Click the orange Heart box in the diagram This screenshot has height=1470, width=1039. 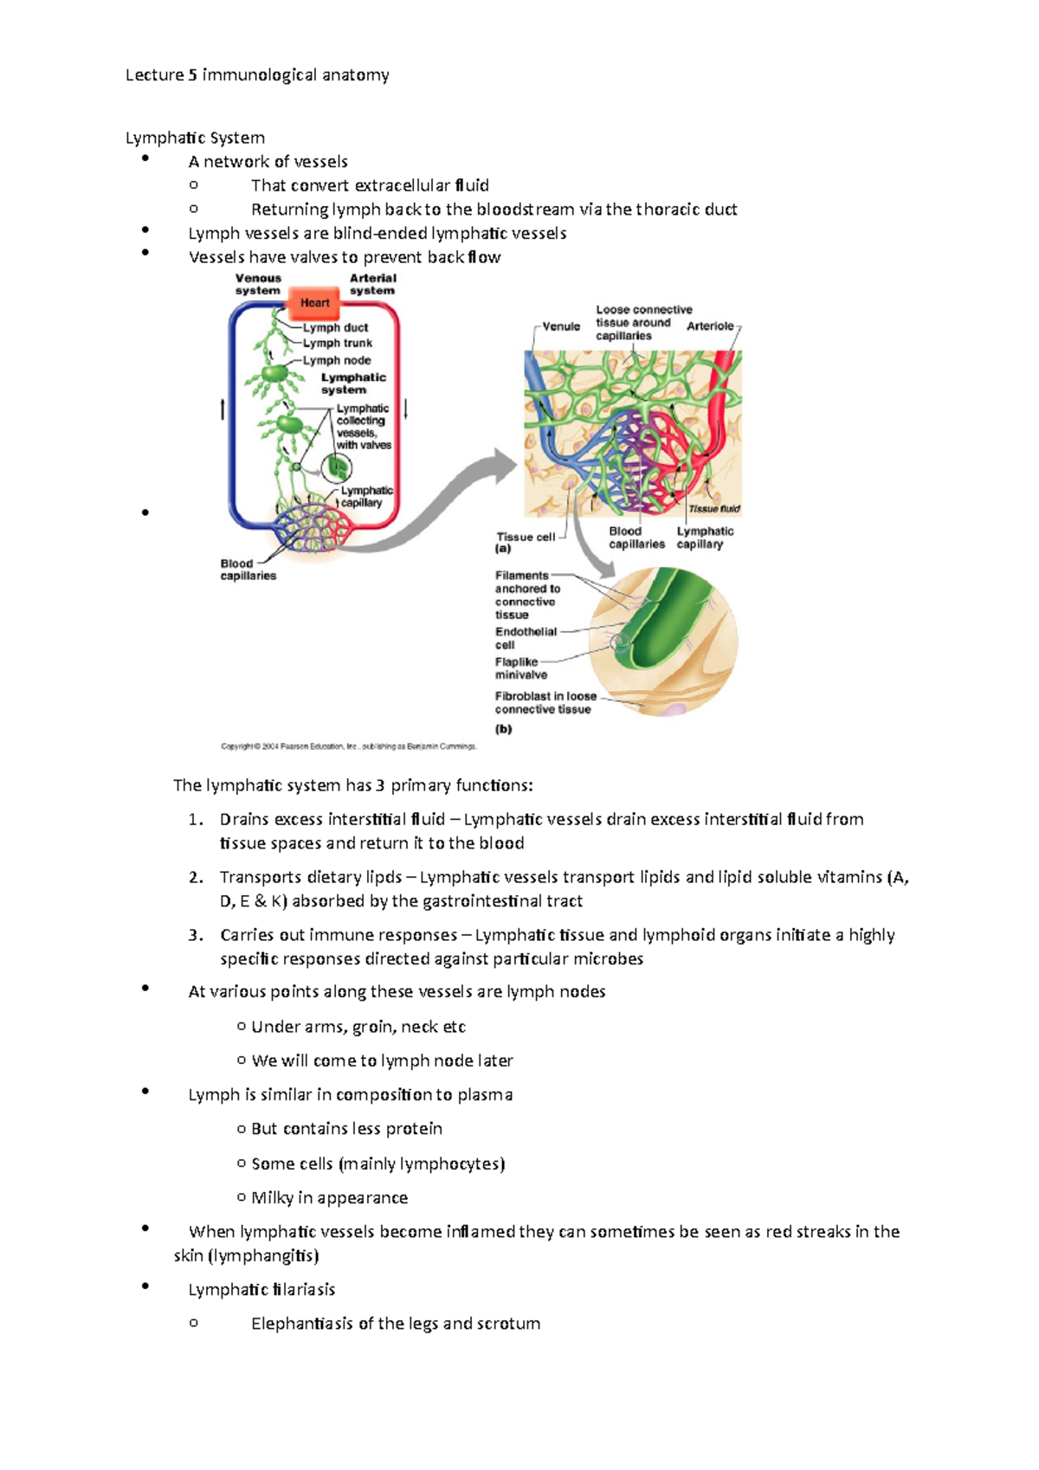coord(314,303)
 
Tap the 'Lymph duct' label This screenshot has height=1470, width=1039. coord(335,327)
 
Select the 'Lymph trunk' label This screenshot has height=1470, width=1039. coord(337,343)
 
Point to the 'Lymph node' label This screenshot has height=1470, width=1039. coord(337,360)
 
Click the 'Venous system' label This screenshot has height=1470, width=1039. coord(258,284)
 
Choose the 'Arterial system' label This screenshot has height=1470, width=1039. coord(372,284)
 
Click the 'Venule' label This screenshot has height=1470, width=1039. coord(561,326)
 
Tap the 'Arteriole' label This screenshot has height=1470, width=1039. coord(710,326)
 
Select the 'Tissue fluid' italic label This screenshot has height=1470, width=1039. coord(714,509)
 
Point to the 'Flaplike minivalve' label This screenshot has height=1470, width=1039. coord(520,668)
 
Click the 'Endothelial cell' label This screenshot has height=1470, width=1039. coord(525,638)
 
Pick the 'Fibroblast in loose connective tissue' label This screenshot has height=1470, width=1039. coord(545,702)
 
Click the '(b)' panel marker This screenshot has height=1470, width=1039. coord(504,728)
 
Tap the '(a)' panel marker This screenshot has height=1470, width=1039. coord(503,549)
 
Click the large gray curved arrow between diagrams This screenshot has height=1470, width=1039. coord(433,511)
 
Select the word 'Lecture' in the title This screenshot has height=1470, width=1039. coord(154,75)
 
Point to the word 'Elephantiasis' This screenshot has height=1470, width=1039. coord(302,1323)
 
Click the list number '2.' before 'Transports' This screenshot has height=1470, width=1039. coord(196,877)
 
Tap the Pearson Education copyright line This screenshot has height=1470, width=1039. coord(349,746)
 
